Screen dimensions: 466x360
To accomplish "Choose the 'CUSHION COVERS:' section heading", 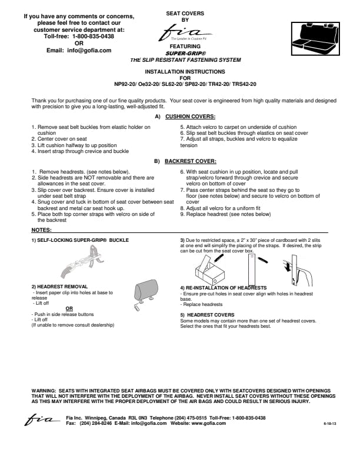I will [x=190, y=116].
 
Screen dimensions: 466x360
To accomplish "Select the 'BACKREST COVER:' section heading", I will [x=190, y=160].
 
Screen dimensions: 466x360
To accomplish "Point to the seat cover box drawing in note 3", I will [x=210, y=268].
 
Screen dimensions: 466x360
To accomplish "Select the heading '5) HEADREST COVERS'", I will [x=207, y=314].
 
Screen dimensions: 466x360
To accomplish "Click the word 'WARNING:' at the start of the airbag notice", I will [x=44, y=390].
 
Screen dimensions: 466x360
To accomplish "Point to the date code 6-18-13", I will [x=331, y=424].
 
